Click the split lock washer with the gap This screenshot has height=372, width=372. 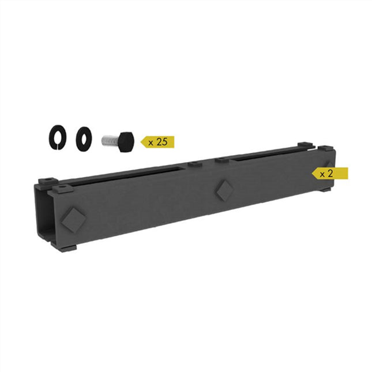pos(58,138)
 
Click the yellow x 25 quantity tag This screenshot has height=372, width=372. pos(158,141)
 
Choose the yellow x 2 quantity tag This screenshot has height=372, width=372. pos(330,173)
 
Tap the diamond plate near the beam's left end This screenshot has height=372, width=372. pos(73,218)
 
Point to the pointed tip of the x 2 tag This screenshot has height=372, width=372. pos(313,173)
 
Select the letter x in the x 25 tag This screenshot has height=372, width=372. pos(151,142)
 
